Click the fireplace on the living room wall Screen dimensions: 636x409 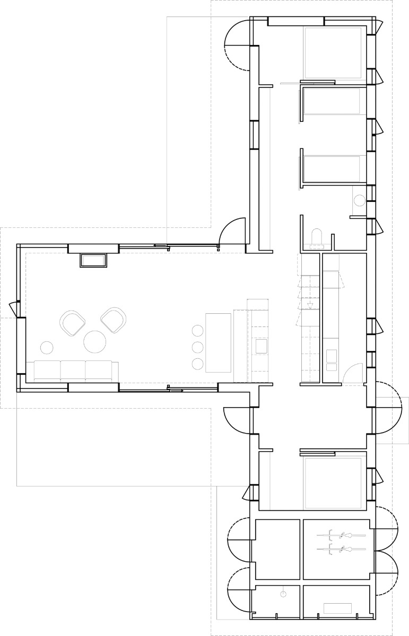point(94,261)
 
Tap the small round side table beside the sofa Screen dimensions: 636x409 point(47,348)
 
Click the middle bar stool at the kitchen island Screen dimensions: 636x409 point(198,347)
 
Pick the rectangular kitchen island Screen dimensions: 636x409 point(218,342)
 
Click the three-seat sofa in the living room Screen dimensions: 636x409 point(73,370)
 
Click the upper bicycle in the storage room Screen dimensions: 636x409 point(347,535)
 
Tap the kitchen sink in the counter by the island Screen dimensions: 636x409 point(261,347)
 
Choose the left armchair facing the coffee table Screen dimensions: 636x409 point(73,323)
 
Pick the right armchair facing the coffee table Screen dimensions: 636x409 point(114,320)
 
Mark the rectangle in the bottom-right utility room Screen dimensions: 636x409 point(337,608)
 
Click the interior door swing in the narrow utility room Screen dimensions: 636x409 point(352,373)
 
